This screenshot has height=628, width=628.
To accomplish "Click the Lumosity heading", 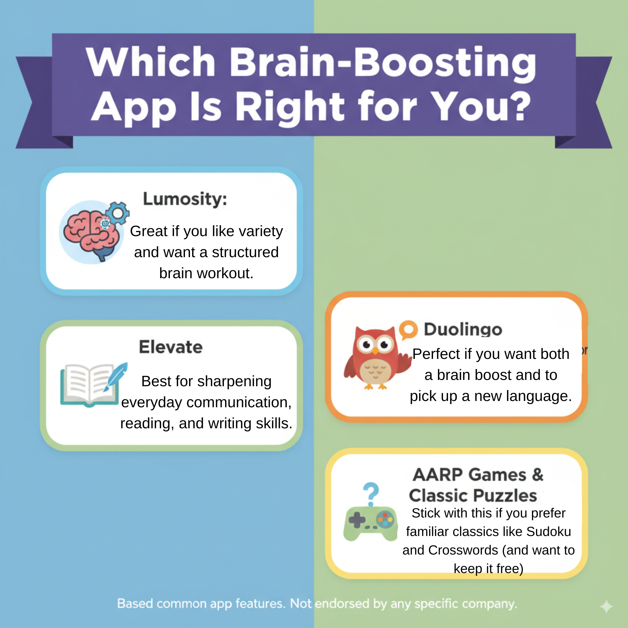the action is pyautogui.click(x=185, y=199).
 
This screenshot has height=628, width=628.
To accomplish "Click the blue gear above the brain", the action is pyautogui.click(x=118, y=213).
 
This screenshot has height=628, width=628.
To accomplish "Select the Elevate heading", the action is pyautogui.click(x=171, y=347).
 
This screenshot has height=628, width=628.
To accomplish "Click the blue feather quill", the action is pyautogui.click(x=116, y=376).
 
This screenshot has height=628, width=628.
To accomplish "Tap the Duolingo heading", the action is pyautogui.click(x=463, y=329).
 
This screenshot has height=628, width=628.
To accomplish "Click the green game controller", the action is pyautogui.click(x=371, y=523).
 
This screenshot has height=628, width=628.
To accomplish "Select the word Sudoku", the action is pyautogui.click(x=549, y=532).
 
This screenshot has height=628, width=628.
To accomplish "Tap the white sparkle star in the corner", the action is pyautogui.click(x=607, y=607).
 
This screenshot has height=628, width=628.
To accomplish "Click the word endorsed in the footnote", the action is pyautogui.click(x=342, y=604).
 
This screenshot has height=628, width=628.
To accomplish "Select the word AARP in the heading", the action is pyautogui.click(x=437, y=474).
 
